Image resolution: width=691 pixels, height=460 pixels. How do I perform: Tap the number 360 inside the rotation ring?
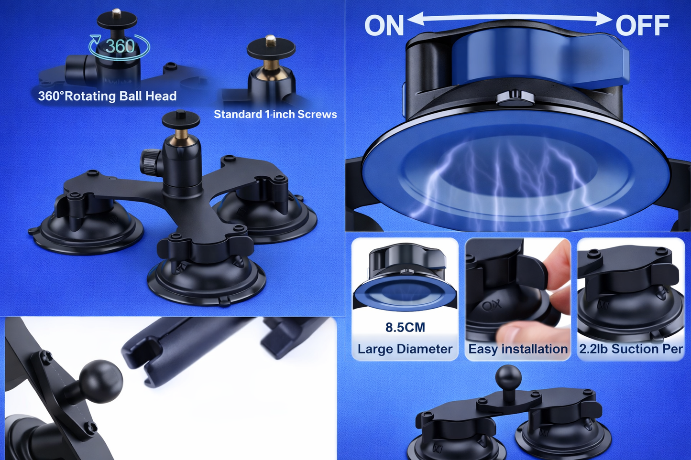coord(120,46)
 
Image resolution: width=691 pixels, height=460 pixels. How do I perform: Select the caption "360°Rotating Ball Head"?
coord(107,96)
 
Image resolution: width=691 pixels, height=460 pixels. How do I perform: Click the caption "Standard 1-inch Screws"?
coord(275,114)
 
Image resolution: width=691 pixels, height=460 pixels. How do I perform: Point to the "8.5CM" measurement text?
coord(405,327)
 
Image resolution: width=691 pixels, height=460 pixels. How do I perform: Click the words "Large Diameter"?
coord(405,349)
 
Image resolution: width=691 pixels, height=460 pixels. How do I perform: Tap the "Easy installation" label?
coord(518,349)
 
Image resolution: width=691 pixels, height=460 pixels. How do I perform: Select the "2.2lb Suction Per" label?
coord(631,349)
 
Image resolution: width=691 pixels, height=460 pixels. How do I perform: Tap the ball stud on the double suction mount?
coord(508,377)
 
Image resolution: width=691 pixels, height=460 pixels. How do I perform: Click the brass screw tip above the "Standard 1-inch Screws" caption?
coord(271,39)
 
